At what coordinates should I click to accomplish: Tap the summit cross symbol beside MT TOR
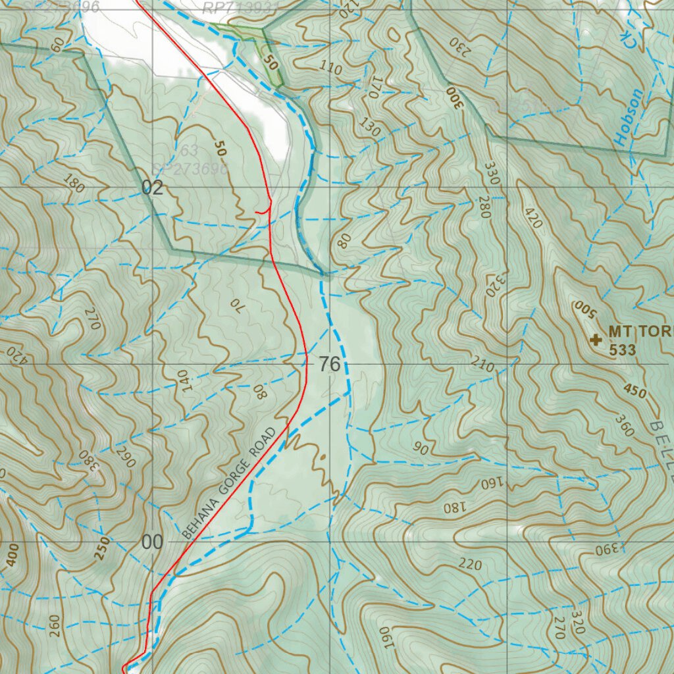click(x=596, y=340)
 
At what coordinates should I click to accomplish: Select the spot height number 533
click(x=623, y=350)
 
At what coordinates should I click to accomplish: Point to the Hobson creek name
click(x=628, y=117)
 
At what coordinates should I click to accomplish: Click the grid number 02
click(x=152, y=188)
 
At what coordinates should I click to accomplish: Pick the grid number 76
click(x=330, y=364)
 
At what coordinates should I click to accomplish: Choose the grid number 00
click(x=151, y=542)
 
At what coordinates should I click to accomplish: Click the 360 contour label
click(x=624, y=426)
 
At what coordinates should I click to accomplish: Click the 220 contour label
click(x=471, y=565)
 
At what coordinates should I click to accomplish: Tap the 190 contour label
click(x=385, y=636)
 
